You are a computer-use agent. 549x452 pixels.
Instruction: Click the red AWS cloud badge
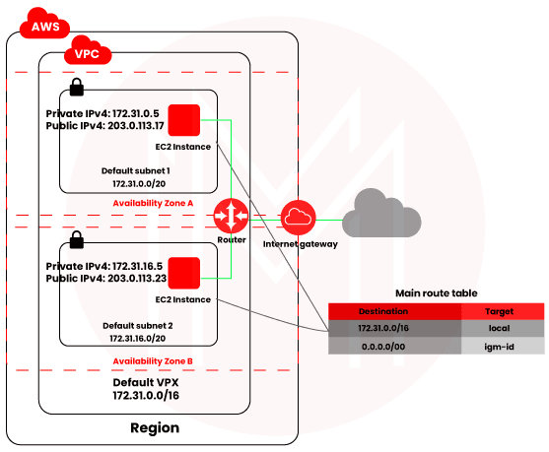click(x=44, y=24)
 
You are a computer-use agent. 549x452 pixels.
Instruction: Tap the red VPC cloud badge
click(x=88, y=51)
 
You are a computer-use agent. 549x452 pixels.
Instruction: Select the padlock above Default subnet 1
click(x=77, y=87)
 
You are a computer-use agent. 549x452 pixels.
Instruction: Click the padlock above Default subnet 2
click(x=77, y=239)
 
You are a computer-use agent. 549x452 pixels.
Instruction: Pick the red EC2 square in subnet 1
click(x=184, y=120)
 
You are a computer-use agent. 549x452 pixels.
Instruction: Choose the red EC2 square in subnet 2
click(x=184, y=273)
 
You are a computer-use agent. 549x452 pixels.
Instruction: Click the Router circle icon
click(x=231, y=216)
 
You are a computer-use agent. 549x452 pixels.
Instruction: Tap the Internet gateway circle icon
click(x=299, y=218)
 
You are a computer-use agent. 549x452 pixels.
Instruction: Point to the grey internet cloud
click(x=381, y=214)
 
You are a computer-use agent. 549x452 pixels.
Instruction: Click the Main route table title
click(x=437, y=293)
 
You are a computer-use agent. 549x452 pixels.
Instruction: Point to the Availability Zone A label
click(x=153, y=203)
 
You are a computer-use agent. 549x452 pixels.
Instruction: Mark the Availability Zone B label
click(x=153, y=361)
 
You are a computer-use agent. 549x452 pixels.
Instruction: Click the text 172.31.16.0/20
click(x=138, y=339)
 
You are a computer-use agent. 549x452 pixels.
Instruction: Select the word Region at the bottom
click(x=155, y=427)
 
